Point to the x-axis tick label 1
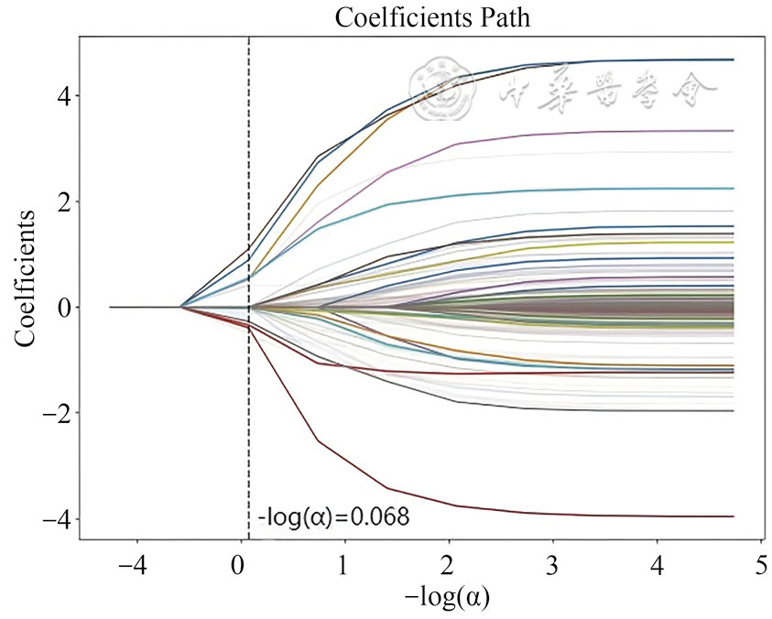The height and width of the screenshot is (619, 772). click(343, 564)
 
